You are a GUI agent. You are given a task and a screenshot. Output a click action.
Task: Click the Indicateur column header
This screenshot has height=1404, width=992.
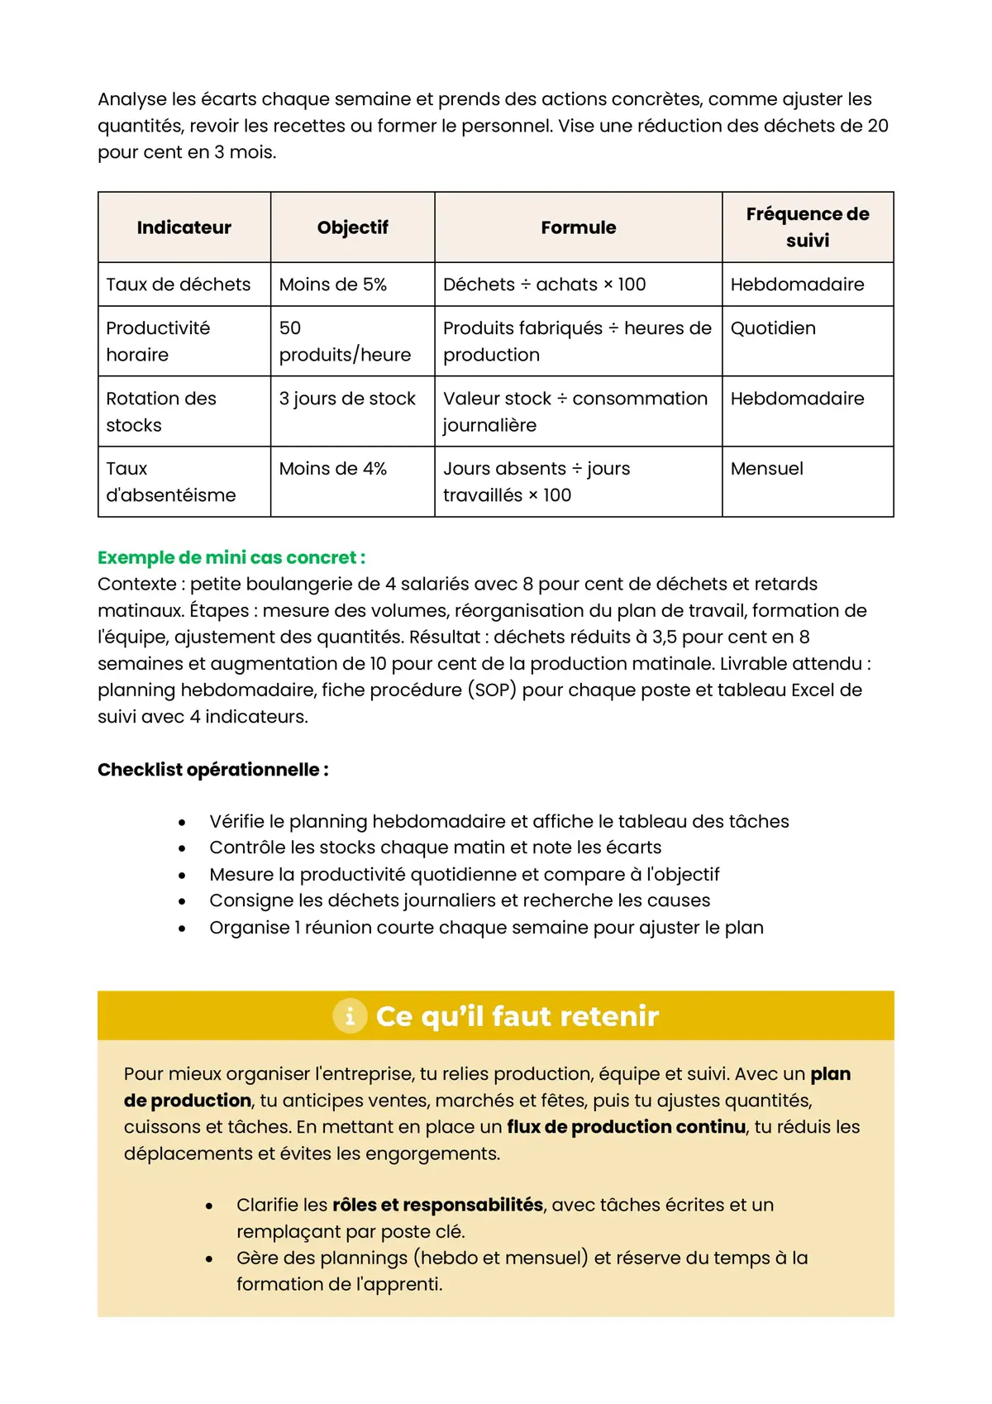point(184,227)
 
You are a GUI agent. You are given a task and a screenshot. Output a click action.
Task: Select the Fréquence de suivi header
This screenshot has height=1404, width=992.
point(807,227)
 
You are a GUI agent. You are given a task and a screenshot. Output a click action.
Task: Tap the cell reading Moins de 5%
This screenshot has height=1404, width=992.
point(333,284)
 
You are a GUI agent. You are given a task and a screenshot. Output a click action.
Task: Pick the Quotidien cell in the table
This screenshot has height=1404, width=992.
point(773,328)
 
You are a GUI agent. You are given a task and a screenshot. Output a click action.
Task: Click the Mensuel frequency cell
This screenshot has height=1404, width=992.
point(766,469)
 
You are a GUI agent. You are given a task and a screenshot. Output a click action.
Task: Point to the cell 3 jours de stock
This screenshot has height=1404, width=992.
point(347,399)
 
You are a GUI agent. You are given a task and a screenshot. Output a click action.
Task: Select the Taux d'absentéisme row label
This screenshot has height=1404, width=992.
point(170,482)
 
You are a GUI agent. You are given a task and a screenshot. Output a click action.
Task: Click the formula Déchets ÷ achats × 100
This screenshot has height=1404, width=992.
point(544,284)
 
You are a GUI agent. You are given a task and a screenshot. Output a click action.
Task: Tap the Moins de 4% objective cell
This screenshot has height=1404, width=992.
point(333,469)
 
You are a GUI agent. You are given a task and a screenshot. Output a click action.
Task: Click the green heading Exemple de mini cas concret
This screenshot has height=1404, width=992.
point(231,557)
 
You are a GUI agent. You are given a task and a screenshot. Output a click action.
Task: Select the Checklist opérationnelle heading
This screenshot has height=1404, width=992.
point(212,770)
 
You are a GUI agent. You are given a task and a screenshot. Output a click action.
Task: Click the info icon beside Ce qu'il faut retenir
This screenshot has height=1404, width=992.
point(350,1015)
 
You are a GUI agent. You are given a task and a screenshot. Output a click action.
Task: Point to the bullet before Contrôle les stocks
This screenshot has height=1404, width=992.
point(182,848)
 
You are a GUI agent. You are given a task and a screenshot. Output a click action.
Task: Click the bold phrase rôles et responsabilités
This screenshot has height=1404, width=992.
point(437,1205)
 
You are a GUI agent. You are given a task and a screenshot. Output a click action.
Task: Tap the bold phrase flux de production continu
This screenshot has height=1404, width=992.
point(626,1127)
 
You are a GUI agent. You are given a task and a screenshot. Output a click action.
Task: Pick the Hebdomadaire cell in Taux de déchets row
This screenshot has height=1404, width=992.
point(797,284)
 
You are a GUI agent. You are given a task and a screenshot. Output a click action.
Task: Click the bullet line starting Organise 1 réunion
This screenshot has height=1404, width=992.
point(486,928)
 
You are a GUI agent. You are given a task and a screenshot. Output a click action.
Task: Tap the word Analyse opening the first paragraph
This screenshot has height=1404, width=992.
point(131,99)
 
